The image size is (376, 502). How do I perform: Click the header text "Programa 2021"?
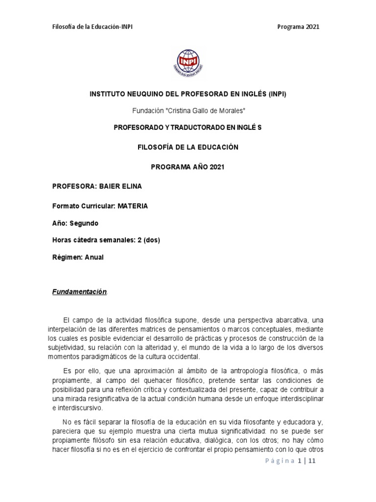[298, 26]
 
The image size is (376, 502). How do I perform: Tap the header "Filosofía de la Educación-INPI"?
[92, 26]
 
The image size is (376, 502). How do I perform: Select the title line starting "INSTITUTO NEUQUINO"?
[188, 94]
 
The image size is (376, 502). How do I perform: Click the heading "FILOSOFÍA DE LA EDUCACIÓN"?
[188, 147]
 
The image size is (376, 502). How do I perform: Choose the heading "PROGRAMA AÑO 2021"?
[188, 167]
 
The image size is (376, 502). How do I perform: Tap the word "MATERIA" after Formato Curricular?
[132, 206]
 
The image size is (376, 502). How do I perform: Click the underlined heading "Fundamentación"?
[79, 292]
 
